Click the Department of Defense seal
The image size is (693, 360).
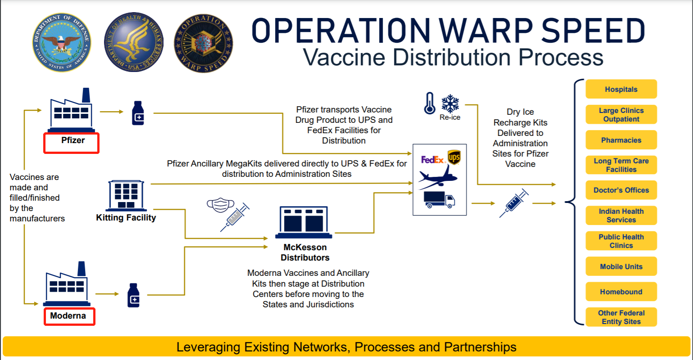pos(62,43)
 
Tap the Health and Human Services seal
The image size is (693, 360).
pos(134,43)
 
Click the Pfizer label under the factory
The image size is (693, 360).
pos(72,140)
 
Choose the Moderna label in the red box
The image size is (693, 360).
pos(68,316)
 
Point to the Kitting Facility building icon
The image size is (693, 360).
pos(126,195)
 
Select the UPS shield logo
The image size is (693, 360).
pos(454,157)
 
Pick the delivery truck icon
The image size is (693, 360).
pos(439,199)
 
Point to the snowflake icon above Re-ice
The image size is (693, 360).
pos(450,104)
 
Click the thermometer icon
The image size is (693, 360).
pos(430,103)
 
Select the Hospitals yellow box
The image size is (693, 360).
pos(621,89)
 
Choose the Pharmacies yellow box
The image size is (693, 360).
pos(621,140)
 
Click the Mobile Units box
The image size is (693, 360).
pos(621,266)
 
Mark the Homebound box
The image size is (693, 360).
pos(621,292)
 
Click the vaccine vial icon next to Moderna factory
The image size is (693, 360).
pos(134,295)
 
